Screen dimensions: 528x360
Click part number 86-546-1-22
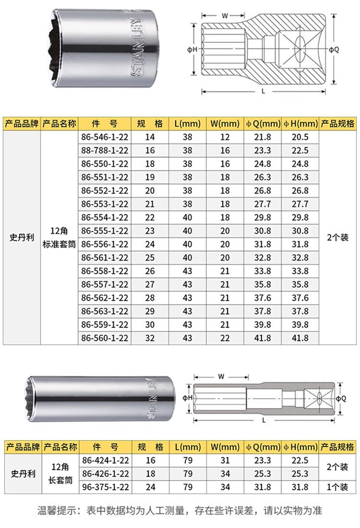point(105,137)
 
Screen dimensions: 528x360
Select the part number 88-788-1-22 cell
point(105,150)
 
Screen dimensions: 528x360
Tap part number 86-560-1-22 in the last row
point(105,338)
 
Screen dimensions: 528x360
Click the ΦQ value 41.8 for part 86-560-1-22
point(262,338)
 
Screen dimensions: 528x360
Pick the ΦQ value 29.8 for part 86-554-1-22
point(262,217)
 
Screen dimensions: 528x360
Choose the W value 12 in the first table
point(225,137)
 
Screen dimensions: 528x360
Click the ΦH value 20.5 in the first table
point(300,137)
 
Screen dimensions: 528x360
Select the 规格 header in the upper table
point(150,123)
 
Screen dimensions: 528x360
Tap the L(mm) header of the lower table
point(187,447)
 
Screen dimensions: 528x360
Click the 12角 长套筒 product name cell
point(60,474)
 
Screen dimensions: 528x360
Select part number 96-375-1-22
point(105,487)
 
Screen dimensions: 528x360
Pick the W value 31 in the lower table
point(225,460)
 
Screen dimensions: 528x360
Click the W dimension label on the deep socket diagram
point(221,376)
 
